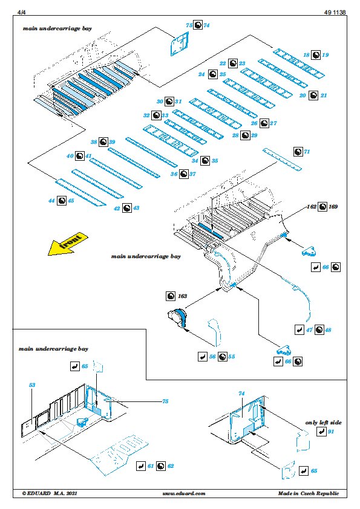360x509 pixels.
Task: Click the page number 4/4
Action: point(21,12)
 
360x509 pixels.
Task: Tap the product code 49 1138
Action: point(335,12)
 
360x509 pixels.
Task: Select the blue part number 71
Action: point(307,152)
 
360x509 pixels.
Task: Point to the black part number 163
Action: point(182,296)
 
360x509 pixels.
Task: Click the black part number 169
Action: point(333,207)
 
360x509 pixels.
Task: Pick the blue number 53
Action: point(32,385)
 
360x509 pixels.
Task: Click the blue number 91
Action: point(331,432)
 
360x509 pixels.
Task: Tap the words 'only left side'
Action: point(323,423)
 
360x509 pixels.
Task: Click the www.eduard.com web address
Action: point(184,493)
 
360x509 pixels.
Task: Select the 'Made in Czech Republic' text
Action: point(309,493)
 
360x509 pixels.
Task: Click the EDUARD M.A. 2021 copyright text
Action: point(50,493)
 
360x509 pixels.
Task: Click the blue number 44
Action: point(51,201)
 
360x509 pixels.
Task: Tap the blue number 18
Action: point(306,55)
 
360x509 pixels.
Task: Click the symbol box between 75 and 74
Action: point(198,25)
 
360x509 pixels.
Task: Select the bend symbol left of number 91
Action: point(321,432)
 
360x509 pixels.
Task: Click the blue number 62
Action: point(171,466)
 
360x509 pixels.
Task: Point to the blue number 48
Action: point(328,330)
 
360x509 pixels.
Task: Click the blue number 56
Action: point(212,357)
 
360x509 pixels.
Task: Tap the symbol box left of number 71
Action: point(298,152)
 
